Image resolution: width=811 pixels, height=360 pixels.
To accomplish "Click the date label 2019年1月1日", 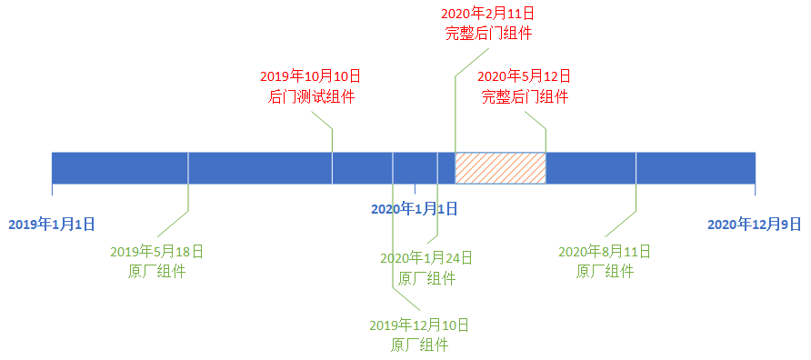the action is (x=52, y=225).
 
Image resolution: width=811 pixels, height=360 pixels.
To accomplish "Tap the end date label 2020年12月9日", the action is (x=754, y=225).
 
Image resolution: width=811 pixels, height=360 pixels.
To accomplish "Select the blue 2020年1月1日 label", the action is (x=415, y=209).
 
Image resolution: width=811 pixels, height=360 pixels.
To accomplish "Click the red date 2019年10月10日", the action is (x=310, y=77).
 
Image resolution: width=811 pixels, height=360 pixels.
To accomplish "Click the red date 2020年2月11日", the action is (x=488, y=13).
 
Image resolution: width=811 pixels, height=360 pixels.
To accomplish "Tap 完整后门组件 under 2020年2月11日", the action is (x=489, y=33).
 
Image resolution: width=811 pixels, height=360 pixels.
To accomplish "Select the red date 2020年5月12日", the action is (x=524, y=77).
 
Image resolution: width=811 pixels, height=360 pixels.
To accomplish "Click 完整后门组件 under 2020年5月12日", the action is (x=525, y=96).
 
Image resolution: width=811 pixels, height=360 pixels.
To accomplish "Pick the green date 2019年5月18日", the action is (x=156, y=253).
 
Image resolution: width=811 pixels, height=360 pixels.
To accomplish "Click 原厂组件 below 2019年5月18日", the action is (x=156, y=272).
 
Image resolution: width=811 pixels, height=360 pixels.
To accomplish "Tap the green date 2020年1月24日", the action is (x=426, y=257).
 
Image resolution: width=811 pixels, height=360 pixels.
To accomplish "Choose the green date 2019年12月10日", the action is (x=419, y=325).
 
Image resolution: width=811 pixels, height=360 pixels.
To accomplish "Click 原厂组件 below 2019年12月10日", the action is (x=419, y=345).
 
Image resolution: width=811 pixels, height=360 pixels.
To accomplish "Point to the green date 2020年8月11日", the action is (x=604, y=253).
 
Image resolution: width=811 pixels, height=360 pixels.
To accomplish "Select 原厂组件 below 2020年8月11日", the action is (x=605, y=272).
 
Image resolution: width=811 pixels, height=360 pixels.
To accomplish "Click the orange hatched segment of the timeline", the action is (x=500, y=168).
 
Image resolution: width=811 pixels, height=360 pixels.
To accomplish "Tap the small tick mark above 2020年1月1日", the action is (x=415, y=189).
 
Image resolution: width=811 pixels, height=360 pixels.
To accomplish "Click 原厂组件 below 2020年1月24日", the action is (x=426, y=278).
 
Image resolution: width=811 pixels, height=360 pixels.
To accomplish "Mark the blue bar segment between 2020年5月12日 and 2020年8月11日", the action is (x=591, y=168).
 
